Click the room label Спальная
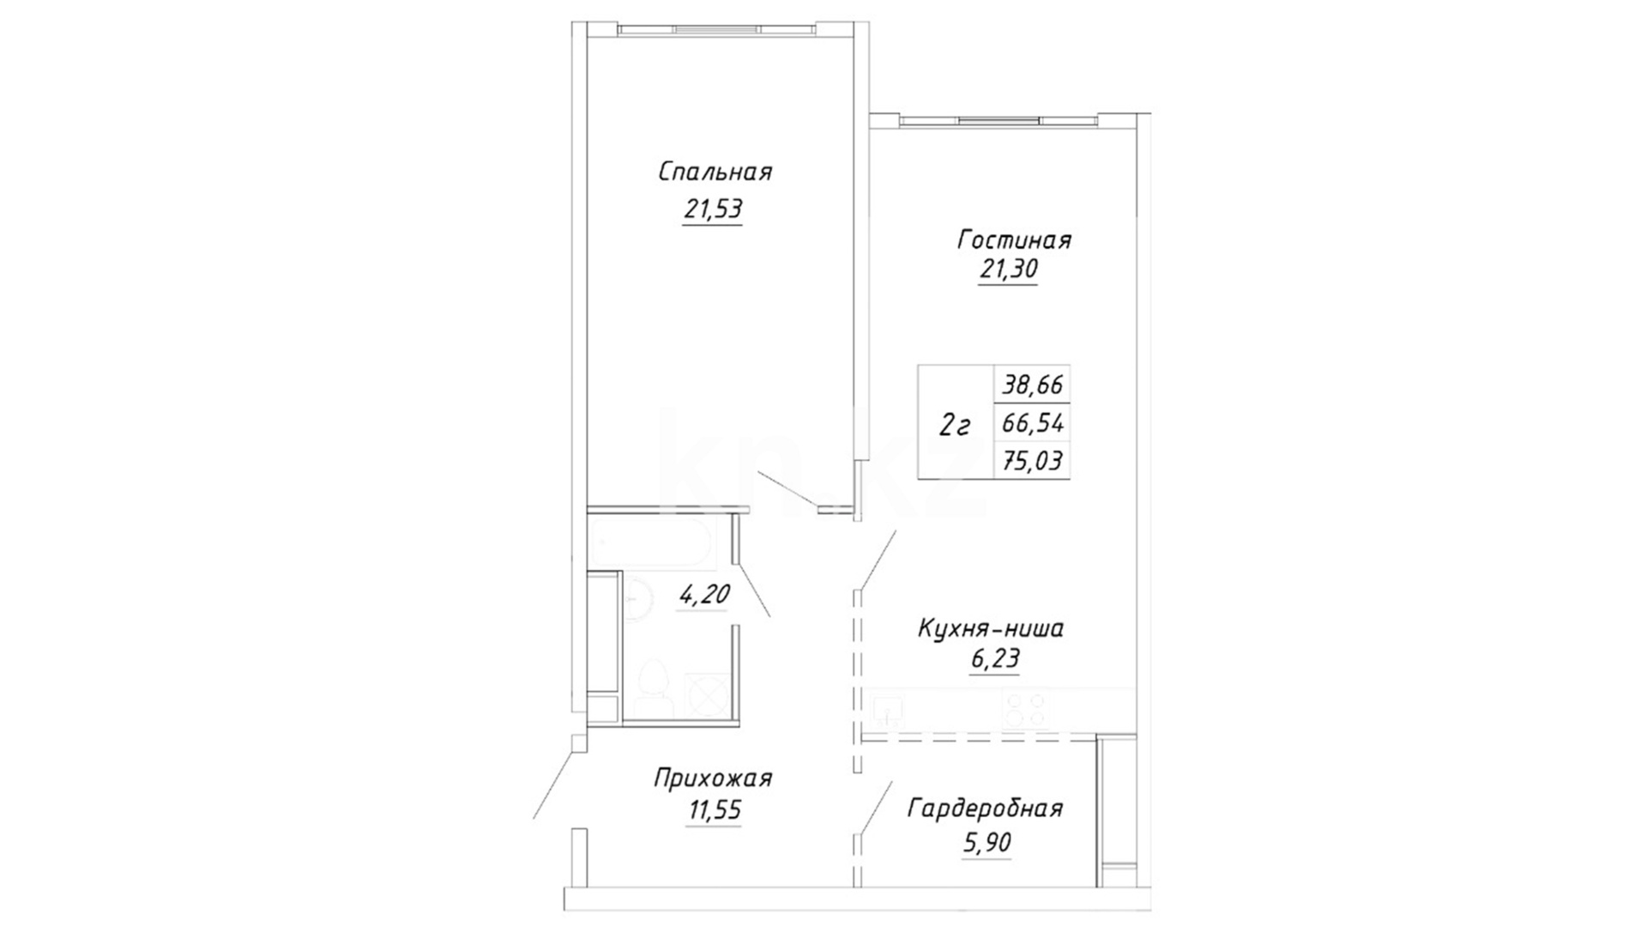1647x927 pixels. [715, 172]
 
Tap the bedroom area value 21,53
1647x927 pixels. [713, 209]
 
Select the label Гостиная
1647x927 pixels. [1014, 239]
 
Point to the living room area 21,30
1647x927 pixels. [1009, 270]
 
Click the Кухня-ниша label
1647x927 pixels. [991, 628]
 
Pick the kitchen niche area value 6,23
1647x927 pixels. [994, 659]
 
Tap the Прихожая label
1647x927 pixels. [713, 779]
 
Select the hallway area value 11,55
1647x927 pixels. [713, 810]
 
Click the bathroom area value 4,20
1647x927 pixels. [703, 594]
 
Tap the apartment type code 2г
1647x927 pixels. [955, 424]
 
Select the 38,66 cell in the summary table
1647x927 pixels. [1033, 384]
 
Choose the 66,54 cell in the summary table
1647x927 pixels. [1033, 422]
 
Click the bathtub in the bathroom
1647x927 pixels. [652, 542]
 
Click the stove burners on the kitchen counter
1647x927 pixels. [1026, 710]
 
